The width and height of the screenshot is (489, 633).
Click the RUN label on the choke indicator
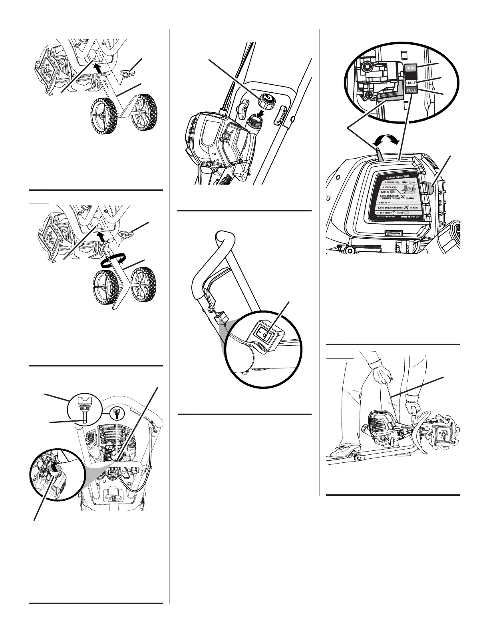click(x=411, y=68)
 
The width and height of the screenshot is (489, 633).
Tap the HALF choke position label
click(x=411, y=82)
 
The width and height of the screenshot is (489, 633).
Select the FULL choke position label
click(x=411, y=90)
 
